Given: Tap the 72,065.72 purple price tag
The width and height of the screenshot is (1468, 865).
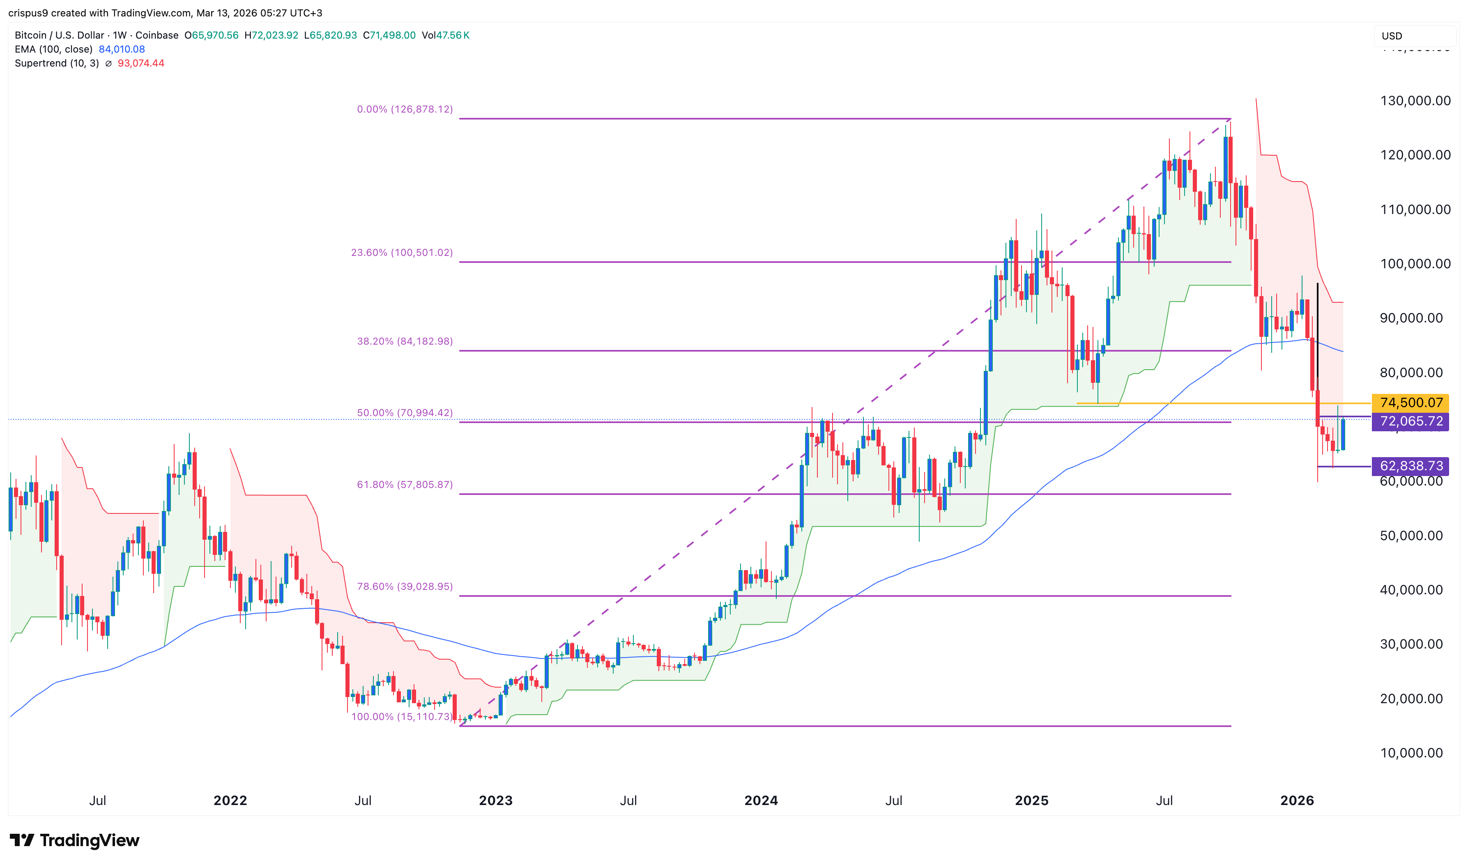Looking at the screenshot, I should pyautogui.click(x=1410, y=421).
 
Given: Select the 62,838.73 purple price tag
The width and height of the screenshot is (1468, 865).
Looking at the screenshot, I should pyautogui.click(x=1410, y=466).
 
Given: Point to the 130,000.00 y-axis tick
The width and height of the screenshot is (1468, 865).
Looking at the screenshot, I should pyautogui.click(x=1415, y=101).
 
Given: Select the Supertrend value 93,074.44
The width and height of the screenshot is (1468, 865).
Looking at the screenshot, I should pyautogui.click(x=141, y=63).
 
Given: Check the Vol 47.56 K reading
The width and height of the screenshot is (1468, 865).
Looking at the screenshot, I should pyautogui.click(x=446, y=35).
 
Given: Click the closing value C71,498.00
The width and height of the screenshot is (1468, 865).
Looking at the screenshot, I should pyautogui.click(x=389, y=35).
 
